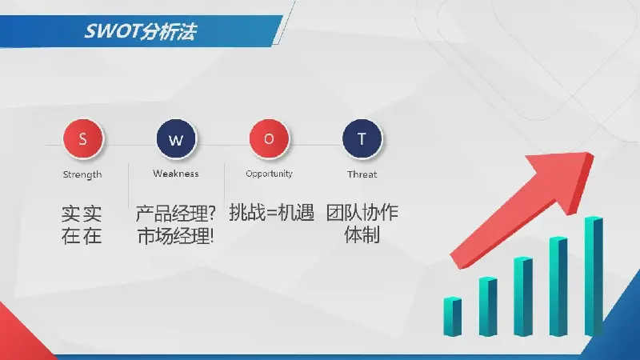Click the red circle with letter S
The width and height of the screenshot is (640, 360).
pos(83,138)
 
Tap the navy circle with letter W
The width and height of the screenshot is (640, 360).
pos(176,138)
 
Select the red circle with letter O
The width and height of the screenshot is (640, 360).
pos(269,138)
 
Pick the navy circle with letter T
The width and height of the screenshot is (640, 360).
pos(362,138)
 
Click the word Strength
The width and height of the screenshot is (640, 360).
pos(82,174)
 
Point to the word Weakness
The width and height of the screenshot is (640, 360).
pos(176,174)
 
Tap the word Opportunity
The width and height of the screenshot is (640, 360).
pos(270,174)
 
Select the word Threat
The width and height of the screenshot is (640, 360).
pos(362,174)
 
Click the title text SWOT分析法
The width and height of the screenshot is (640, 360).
pos(141,31)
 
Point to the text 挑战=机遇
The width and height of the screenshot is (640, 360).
pos(271,213)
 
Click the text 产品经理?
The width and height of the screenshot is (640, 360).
pos(175,213)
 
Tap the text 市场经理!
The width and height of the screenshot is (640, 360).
pos(175,236)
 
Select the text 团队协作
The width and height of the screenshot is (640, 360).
pos(362,213)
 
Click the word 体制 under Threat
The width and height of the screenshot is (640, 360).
pos(362,234)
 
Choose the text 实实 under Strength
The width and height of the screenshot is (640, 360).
pos(82,214)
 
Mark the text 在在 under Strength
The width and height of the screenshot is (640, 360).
pos(82,236)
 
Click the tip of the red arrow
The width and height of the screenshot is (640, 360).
pos(592,154)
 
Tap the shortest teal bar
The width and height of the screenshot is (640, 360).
pos(452,317)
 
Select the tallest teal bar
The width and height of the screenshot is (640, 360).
pos(594,276)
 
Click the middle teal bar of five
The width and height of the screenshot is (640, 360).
pos(523,297)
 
